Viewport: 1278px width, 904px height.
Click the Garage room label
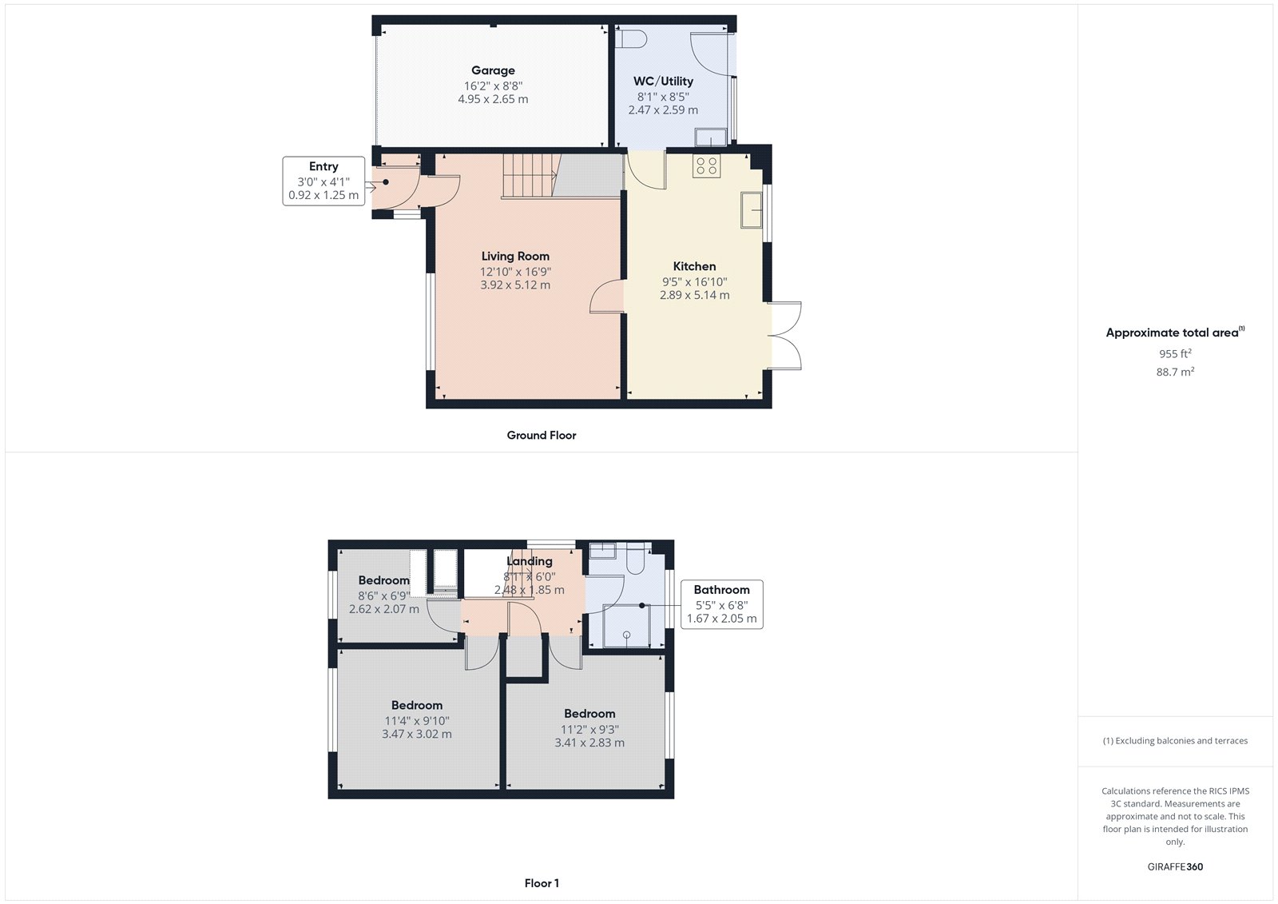click(x=493, y=70)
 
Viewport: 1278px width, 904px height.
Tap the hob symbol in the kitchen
click(x=706, y=166)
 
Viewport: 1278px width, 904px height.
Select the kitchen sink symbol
click(x=752, y=210)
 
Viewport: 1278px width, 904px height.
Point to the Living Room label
click(x=515, y=257)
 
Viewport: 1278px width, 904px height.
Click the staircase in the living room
click(x=529, y=176)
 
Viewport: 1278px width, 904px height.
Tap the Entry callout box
click(x=323, y=181)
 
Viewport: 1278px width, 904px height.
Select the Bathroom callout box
click(x=721, y=604)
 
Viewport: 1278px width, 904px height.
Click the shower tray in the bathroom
click(x=626, y=626)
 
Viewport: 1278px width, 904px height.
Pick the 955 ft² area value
click(x=1175, y=353)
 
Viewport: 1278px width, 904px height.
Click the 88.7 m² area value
click(x=1175, y=372)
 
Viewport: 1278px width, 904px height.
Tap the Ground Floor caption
click(x=541, y=436)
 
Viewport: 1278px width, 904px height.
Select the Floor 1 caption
click(x=542, y=883)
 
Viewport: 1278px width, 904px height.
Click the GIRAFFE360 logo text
click(x=1175, y=866)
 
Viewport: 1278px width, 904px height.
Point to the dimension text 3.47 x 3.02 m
click(x=416, y=734)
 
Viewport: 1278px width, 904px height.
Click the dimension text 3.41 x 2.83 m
click(x=589, y=743)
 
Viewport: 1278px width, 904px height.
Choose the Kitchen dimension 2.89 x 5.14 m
click(x=694, y=295)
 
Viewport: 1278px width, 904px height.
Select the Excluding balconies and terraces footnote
click(x=1175, y=741)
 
